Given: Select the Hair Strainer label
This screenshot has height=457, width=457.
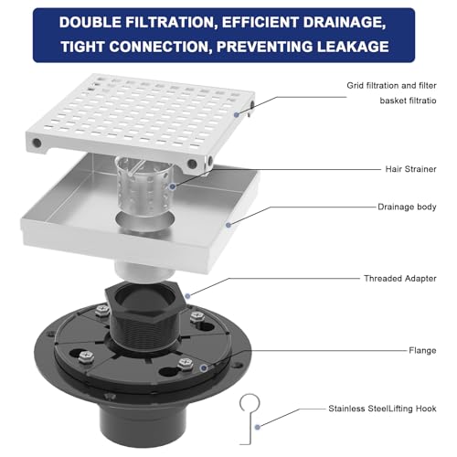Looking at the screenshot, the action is point(410,169).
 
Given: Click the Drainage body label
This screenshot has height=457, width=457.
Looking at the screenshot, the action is point(407,207).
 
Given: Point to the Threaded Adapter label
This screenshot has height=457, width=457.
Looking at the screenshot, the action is point(400,279).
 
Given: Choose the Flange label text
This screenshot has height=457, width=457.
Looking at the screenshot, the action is point(422,350).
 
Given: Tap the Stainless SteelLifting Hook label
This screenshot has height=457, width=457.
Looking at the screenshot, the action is point(382,409).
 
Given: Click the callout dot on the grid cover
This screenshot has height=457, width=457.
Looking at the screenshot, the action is point(237,115).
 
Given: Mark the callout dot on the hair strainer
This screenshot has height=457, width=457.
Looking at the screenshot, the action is point(173,186).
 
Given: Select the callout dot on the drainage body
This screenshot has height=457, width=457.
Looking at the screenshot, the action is point(228,225).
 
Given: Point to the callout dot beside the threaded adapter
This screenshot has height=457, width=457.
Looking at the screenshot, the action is point(188,296).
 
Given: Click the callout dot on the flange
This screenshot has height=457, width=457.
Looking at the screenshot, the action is point(204,368).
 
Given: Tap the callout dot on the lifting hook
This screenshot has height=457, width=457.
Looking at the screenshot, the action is point(258,428).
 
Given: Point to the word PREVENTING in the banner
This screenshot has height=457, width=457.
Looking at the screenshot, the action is point(264,47).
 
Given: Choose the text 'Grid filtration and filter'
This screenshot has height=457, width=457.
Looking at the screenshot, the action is point(391,86).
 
